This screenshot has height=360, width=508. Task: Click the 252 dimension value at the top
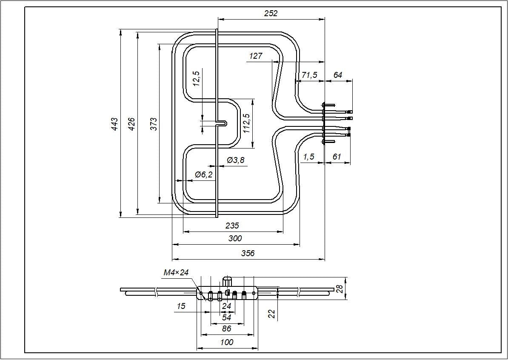coord(271,13)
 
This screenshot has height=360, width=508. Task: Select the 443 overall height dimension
coord(114,124)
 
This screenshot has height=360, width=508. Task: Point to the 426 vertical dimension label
coord(131,124)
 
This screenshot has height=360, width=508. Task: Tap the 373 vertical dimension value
coord(154,124)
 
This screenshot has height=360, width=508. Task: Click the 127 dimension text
coord(256,56)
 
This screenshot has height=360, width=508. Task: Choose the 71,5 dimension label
coord(309,75)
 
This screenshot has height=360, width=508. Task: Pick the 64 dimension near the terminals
coord(337,75)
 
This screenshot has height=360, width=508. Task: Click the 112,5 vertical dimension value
coord(246,123)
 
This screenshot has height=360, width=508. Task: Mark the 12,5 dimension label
coord(196,79)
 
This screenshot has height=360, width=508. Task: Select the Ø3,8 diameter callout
coord(236,160)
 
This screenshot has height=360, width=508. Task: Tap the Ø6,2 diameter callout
coord(203,174)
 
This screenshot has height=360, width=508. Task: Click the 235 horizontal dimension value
coord(232,226)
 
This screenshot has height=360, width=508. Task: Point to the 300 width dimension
coord(235,238)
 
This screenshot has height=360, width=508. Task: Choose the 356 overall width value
coord(248,253)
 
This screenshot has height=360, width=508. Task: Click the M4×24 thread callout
coord(176,272)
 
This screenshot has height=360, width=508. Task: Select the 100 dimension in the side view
coord(227,342)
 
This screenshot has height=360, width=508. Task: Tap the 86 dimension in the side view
coord(227,329)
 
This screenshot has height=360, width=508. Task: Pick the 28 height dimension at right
coord(340,289)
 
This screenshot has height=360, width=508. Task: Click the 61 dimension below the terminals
coord(337,157)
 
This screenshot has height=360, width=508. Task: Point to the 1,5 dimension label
coord(308,157)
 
